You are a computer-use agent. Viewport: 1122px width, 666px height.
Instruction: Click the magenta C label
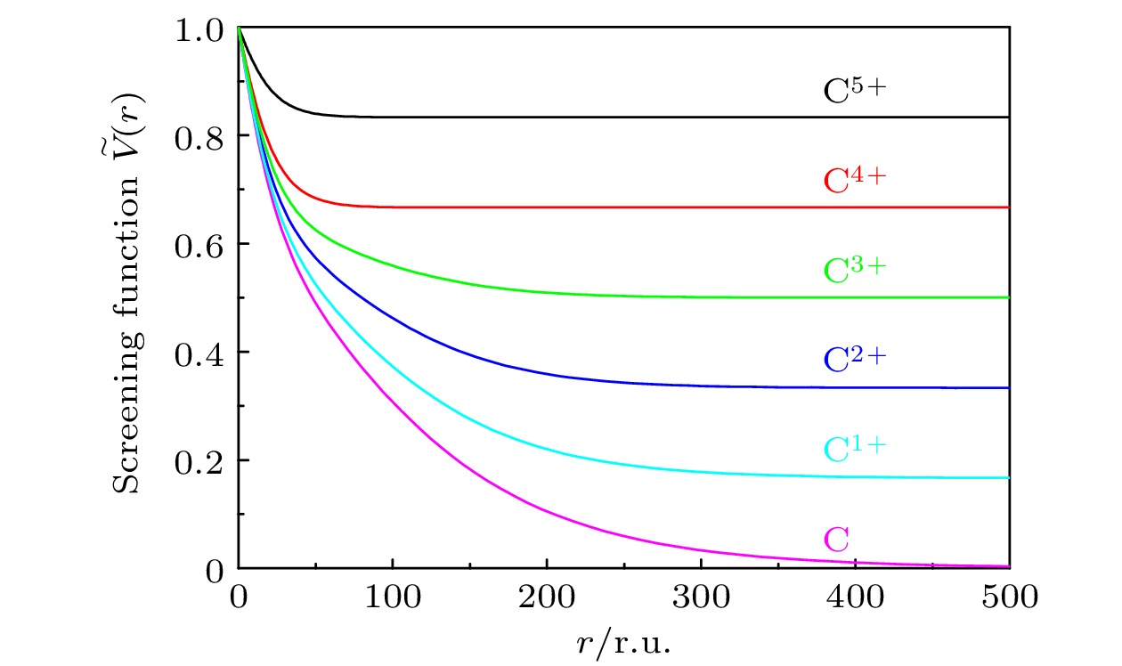(836, 540)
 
